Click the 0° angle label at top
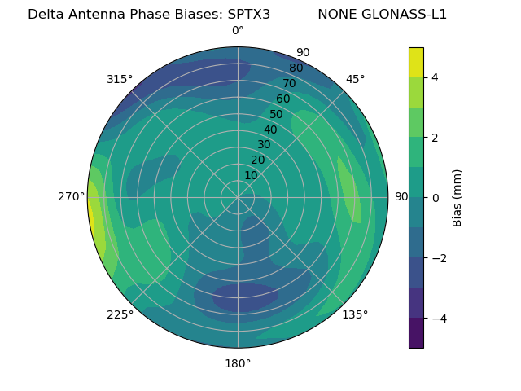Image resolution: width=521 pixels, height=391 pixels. pyautogui.click(x=238, y=31)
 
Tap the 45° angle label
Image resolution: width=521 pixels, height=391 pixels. pyautogui.click(x=355, y=79)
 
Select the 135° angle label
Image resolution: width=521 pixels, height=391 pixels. pyautogui.click(x=355, y=314)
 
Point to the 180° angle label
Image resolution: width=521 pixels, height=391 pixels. pyautogui.click(x=238, y=363)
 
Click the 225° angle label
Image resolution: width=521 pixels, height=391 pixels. pyautogui.click(x=120, y=314)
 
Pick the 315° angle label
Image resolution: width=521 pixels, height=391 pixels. pyautogui.click(x=120, y=79)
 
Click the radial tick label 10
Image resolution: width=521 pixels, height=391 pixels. pyautogui.click(x=252, y=175)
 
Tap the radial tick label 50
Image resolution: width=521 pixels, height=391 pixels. pyautogui.click(x=277, y=114)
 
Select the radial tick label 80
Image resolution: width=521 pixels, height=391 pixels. pyautogui.click(x=296, y=68)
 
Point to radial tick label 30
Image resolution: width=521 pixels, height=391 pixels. pyautogui.click(x=264, y=144)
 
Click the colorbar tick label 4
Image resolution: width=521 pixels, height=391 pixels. pyautogui.click(x=436, y=77)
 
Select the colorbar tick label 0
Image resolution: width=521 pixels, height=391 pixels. pyautogui.click(x=436, y=197)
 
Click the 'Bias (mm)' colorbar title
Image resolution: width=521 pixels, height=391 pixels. pyautogui.click(x=458, y=197)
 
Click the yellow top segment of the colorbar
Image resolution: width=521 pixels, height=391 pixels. pyautogui.click(x=416, y=62)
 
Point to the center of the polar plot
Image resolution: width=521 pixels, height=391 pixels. pyautogui.click(x=238, y=197)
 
